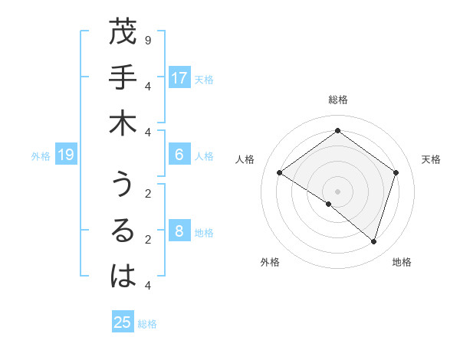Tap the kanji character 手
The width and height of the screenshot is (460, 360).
tap(123, 78)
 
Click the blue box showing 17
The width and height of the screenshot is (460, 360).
tap(179, 77)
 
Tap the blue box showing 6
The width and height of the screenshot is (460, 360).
tap(179, 155)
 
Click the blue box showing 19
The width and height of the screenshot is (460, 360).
tap(66, 155)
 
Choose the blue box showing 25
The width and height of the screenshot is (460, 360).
tap(123, 322)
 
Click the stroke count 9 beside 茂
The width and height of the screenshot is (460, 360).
tap(147, 39)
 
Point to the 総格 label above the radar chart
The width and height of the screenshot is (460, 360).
tap(337, 100)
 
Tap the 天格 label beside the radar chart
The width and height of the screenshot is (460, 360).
tap(431, 159)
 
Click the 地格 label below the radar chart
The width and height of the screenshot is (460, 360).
tap(402, 262)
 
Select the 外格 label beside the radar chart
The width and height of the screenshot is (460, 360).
tap(270, 262)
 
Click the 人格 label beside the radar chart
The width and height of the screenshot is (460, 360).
tap(245, 159)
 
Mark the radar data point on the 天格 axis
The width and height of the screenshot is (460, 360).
tap(396, 172)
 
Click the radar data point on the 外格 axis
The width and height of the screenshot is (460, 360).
tap(329, 204)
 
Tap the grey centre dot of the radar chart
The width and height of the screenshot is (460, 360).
tap(337, 191)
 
